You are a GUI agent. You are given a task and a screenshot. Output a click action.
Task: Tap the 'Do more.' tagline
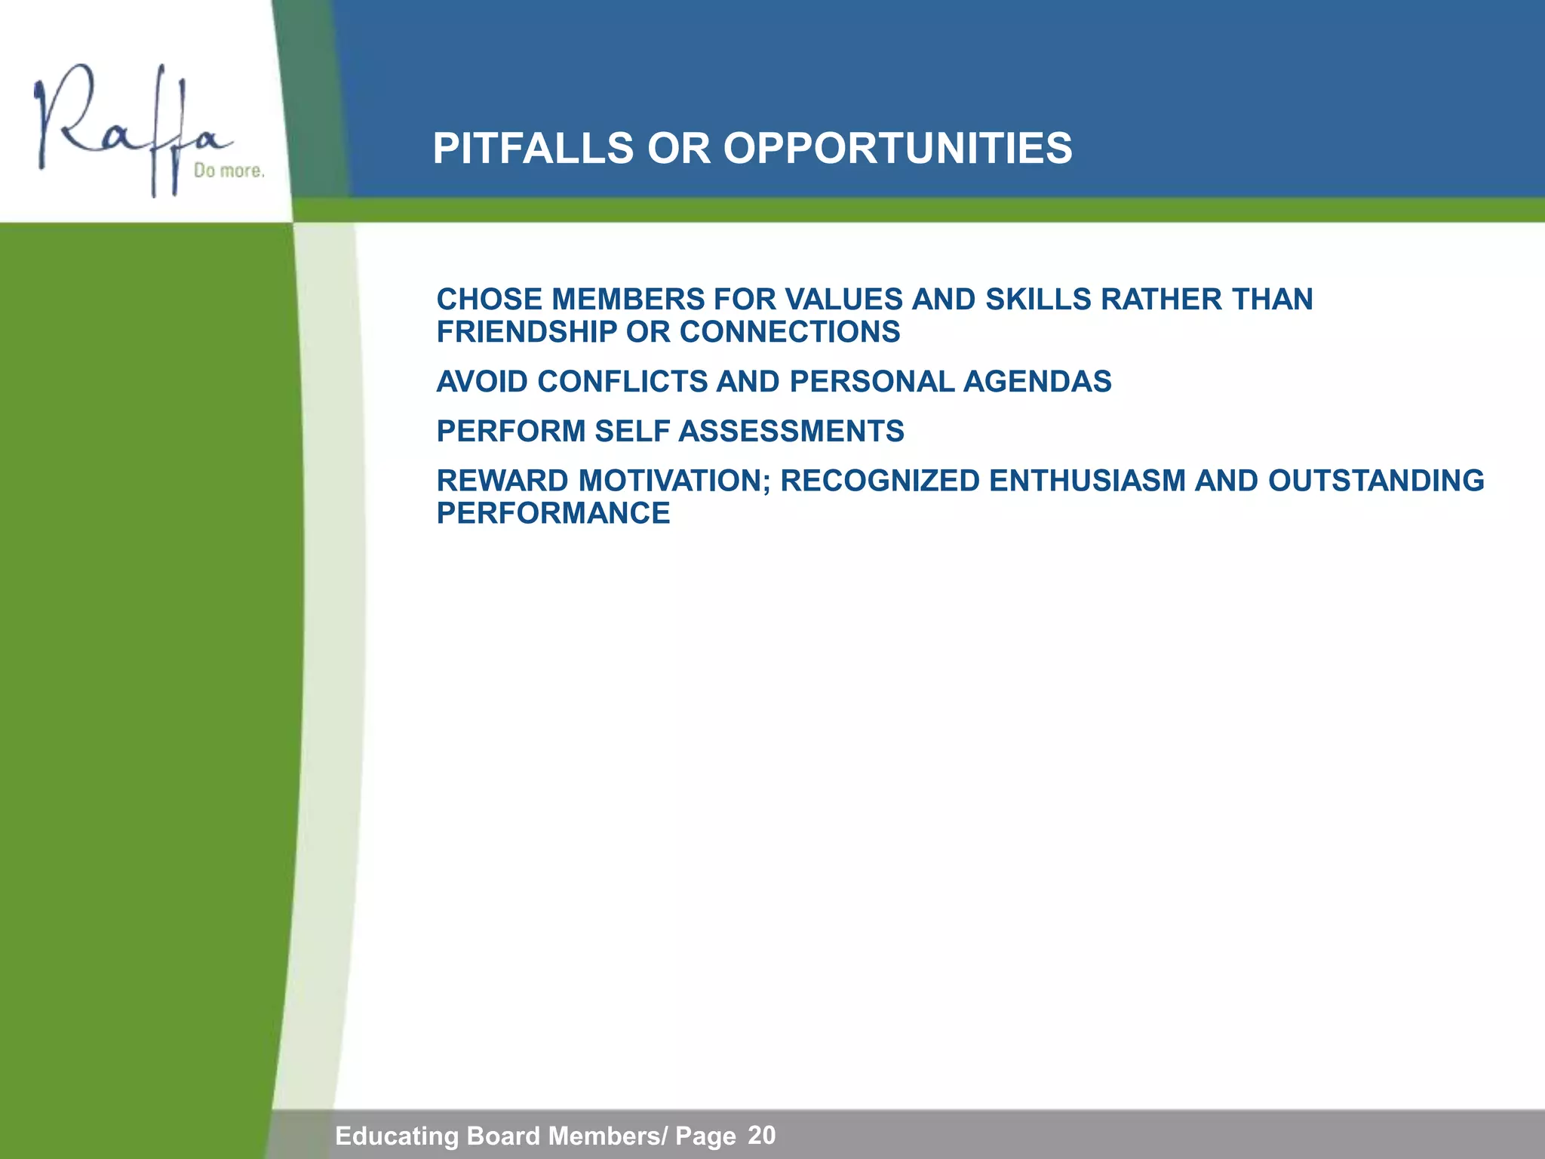click(229, 171)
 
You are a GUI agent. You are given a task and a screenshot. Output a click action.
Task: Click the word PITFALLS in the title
click(533, 148)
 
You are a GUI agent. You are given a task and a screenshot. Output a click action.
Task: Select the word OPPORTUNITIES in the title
click(898, 148)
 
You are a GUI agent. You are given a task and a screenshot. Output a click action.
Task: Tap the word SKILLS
click(1038, 300)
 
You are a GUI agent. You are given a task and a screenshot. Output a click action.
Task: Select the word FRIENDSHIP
click(527, 332)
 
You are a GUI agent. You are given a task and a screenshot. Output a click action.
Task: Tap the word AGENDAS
click(1037, 382)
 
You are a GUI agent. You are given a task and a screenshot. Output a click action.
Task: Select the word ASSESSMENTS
click(791, 432)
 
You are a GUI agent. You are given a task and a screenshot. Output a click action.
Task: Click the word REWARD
click(502, 481)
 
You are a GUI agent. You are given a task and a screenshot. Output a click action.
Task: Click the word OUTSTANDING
click(1376, 481)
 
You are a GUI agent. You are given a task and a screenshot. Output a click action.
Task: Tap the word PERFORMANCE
click(553, 514)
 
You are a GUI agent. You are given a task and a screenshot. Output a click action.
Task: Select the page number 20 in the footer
click(762, 1135)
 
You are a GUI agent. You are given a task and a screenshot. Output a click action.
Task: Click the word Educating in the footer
click(397, 1136)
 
